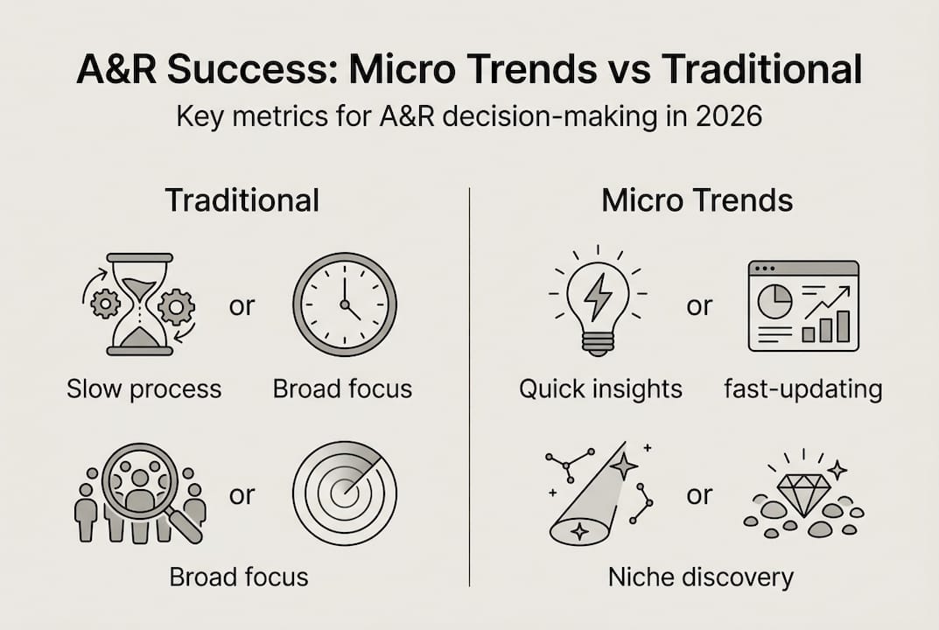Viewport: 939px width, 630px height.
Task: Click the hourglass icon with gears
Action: point(139,304)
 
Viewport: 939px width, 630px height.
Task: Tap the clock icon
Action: point(344,304)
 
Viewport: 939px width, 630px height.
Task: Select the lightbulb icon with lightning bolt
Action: point(599,299)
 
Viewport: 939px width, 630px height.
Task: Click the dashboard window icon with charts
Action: point(802,305)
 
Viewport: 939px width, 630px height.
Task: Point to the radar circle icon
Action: point(344,493)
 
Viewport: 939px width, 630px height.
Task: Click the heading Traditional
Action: point(242,200)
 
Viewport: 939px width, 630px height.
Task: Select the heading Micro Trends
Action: point(697,200)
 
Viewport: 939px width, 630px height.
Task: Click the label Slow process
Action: point(144,388)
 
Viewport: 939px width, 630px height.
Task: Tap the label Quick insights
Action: point(600,388)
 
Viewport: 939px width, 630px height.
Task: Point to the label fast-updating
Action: point(802,388)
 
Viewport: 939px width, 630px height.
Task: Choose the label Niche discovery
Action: point(700,577)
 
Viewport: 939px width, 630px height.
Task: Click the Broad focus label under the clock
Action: point(342,388)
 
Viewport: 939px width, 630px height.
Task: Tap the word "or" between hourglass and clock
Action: point(241,306)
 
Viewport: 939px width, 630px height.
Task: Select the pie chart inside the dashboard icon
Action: point(774,300)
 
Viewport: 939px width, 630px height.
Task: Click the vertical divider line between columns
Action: point(470,385)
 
